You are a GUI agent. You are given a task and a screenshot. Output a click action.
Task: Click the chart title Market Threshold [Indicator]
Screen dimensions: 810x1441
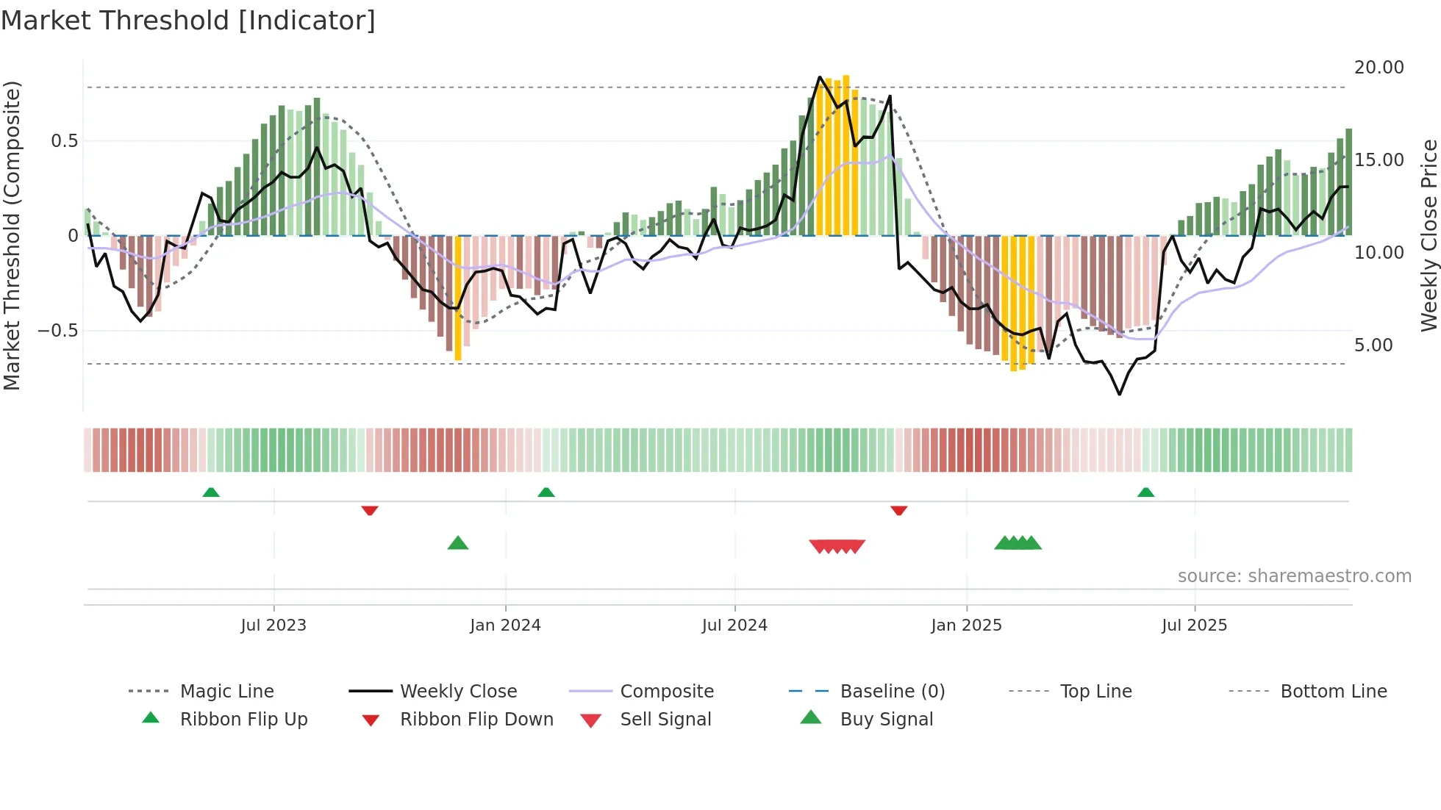(188, 21)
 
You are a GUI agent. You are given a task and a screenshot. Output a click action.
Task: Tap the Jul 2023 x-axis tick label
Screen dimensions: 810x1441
(273, 626)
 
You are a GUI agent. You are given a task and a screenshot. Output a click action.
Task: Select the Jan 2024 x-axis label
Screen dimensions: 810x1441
(505, 626)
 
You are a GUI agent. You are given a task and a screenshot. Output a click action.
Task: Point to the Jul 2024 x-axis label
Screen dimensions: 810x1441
(734, 626)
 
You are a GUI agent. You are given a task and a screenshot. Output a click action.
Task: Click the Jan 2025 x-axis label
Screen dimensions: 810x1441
(966, 626)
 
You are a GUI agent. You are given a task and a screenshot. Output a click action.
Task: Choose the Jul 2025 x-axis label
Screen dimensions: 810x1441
(1195, 626)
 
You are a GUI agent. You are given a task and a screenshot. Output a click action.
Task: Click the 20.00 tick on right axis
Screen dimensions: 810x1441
(1379, 68)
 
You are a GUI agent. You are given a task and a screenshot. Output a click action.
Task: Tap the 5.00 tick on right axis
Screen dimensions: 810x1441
(1373, 345)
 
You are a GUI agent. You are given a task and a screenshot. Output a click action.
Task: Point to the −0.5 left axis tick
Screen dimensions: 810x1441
(57, 331)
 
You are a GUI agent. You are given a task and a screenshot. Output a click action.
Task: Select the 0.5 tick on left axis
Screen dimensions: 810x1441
(64, 141)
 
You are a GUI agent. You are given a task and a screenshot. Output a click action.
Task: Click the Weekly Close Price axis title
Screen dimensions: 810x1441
(1429, 235)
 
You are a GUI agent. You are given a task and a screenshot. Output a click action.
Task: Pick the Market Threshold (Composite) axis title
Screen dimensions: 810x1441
(12, 235)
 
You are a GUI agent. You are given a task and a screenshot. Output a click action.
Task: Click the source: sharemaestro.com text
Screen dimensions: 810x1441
(1294, 576)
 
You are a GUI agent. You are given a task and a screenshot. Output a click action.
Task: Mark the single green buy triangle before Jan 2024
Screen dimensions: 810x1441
(458, 543)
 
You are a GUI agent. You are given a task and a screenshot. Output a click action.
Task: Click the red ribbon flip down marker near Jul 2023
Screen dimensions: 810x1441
(370, 510)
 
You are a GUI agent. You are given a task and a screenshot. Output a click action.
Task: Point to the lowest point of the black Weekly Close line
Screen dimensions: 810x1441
(1120, 395)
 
